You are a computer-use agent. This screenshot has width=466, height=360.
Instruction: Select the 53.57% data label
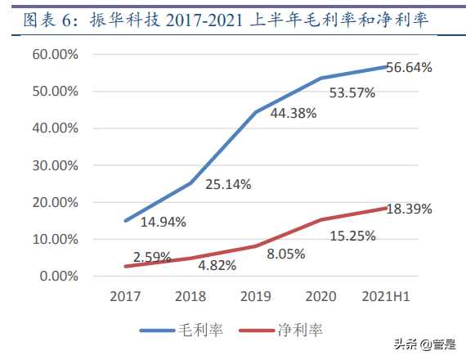(x=352, y=92)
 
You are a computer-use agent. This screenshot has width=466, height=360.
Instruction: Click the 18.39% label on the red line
(x=409, y=209)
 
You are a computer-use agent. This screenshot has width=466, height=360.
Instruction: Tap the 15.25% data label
(x=352, y=236)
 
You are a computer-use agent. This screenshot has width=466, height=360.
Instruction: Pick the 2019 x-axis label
(x=254, y=296)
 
